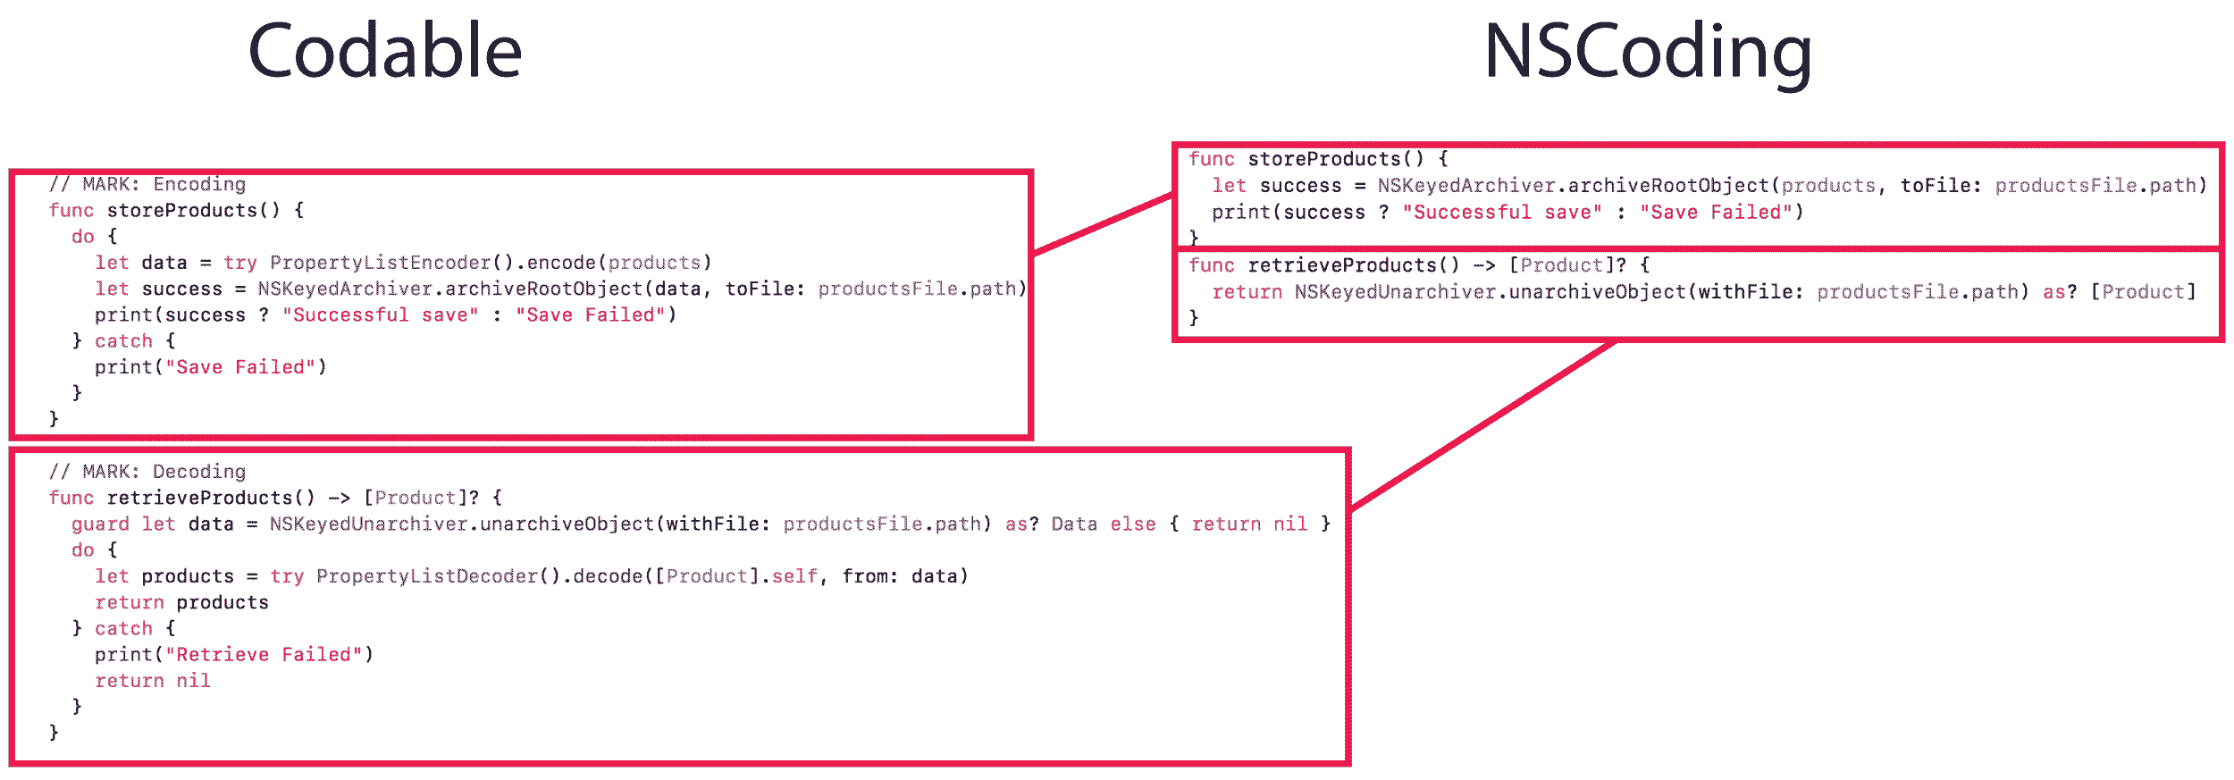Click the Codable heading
click(384, 52)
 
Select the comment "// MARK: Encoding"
click(147, 184)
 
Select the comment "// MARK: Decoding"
click(147, 472)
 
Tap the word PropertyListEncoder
click(381, 263)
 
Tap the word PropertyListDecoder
click(427, 576)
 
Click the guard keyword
click(100, 524)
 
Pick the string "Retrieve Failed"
click(264, 655)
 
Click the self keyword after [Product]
click(794, 576)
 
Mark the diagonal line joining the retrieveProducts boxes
click(1483, 424)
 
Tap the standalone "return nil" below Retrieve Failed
click(153, 681)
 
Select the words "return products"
click(181, 603)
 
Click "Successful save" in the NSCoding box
click(1501, 213)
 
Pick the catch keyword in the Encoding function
click(123, 341)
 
